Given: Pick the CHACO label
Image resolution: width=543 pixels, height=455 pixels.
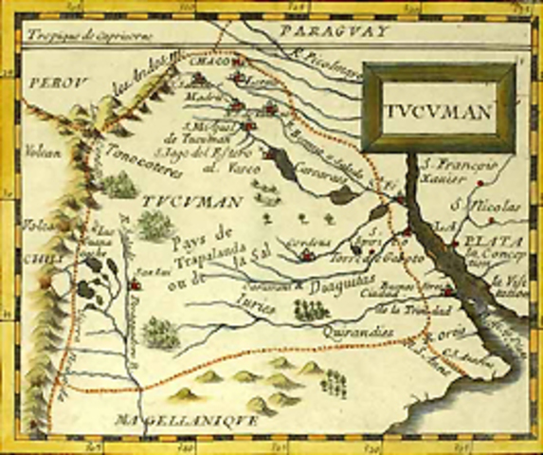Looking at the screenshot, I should click(208, 62).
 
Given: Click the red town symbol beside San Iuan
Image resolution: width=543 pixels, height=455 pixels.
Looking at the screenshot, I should click(135, 283).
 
